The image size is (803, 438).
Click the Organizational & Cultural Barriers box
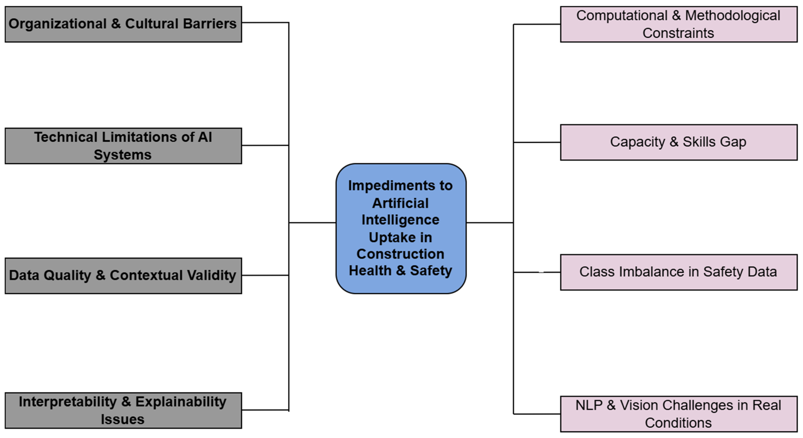point(123,24)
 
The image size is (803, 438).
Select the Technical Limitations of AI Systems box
point(123,146)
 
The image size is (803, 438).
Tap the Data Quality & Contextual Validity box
point(123,275)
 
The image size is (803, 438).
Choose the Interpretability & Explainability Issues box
point(123,410)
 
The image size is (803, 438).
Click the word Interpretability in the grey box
point(68,402)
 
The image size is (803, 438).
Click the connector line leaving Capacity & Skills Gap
point(537,142)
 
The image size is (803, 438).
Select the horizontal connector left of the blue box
point(312,223)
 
